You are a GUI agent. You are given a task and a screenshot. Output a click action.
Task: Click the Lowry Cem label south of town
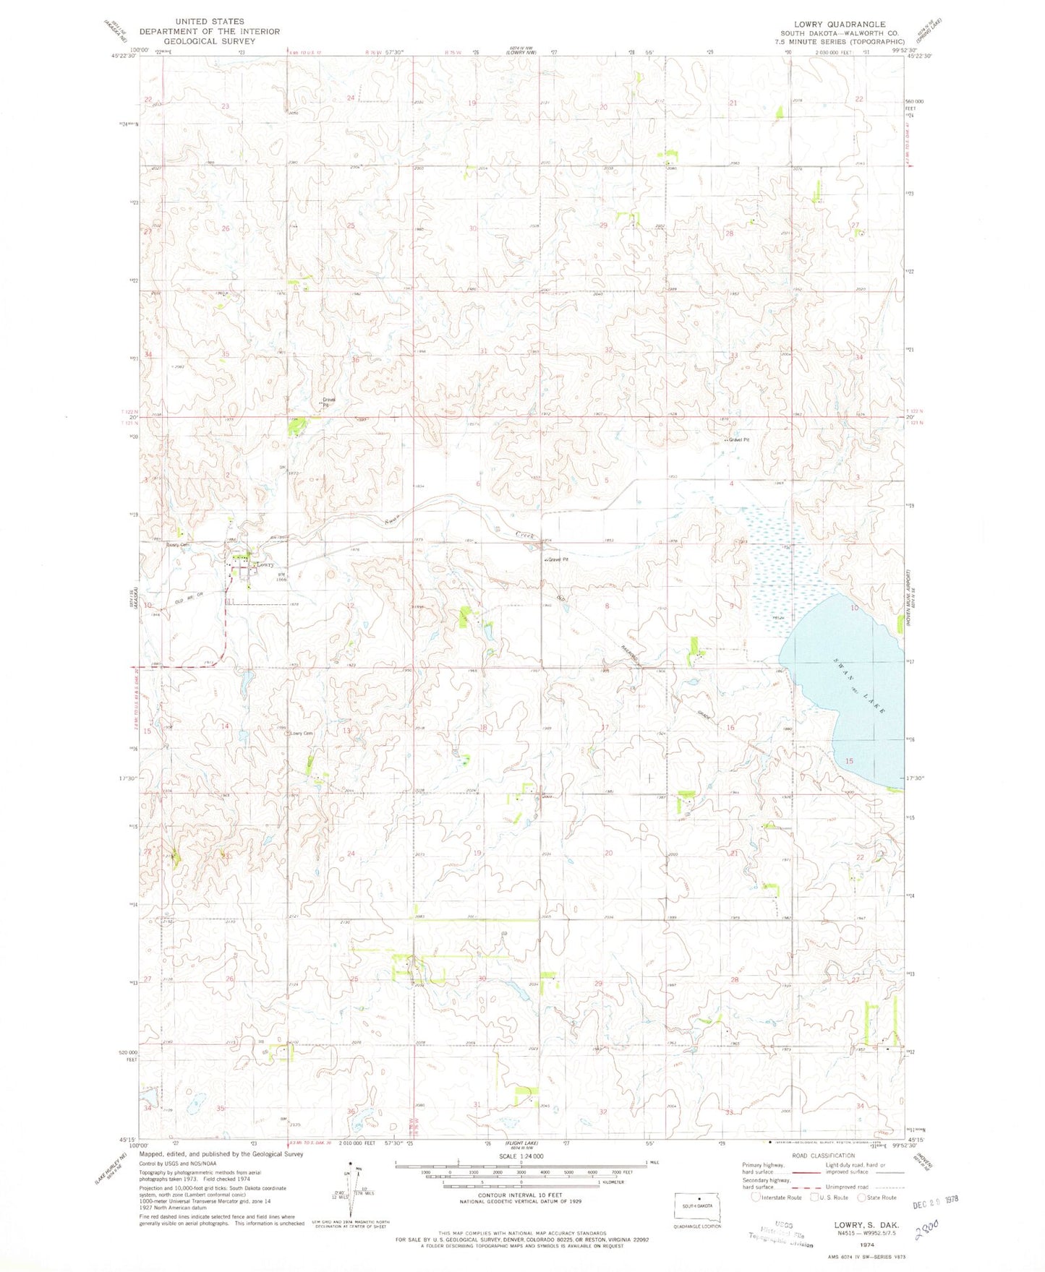point(302,734)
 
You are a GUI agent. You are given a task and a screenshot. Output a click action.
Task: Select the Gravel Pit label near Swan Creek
point(555,560)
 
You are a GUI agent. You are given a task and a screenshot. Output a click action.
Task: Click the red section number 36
point(355,360)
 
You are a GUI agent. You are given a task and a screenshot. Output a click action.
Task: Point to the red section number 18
point(482,727)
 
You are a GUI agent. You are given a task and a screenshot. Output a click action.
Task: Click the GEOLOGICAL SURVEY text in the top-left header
point(191,41)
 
